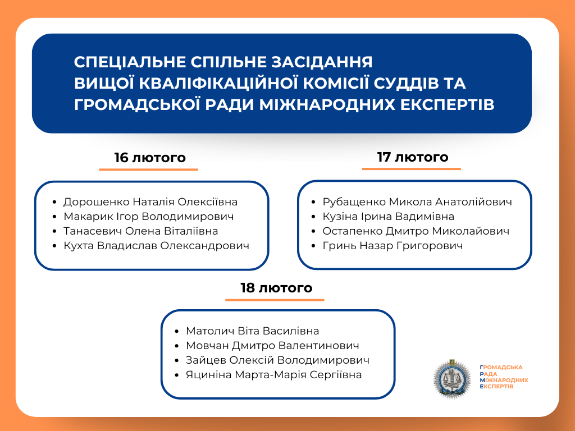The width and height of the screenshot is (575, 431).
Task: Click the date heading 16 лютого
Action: tap(149, 158)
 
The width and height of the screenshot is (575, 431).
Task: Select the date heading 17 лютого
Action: tap(413, 157)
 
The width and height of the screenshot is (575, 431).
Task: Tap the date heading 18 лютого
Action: tap(276, 288)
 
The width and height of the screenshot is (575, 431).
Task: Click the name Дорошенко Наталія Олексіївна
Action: tap(150, 202)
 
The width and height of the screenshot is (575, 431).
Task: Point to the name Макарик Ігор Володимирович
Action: tap(148, 217)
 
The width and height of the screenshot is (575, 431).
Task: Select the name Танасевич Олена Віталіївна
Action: tap(140, 231)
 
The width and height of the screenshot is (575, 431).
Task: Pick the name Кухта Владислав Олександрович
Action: tap(156, 246)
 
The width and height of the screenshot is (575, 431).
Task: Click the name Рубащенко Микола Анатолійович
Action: tap(417, 202)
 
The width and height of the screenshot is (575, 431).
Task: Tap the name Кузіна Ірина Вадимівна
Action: tap(388, 217)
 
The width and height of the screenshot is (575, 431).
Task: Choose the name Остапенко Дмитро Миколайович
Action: tap(416, 231)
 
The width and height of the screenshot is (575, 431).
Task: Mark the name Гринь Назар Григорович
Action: tap(393, 246)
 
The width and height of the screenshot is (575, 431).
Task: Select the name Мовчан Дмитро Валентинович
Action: tap(272, 346)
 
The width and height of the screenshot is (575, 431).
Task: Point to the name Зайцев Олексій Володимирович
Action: tap(277, 360)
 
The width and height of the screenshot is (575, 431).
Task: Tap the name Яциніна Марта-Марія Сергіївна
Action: tap(273, 375)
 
